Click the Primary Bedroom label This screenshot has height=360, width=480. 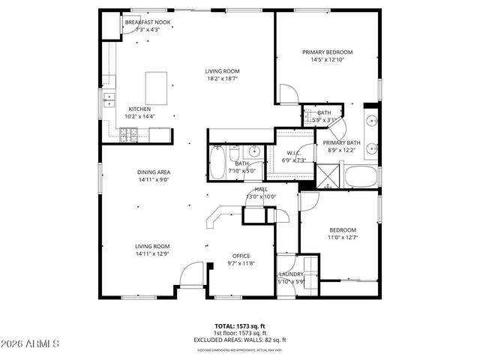click(327, 52)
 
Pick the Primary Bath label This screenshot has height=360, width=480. click(341, 142)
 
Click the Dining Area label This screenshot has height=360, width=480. click(153, 172)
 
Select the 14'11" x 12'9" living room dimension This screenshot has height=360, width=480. click(152, 254)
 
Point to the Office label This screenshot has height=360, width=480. click(241, 256)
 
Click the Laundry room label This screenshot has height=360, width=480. click(291, 274)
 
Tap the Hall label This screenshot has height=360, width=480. click(261, 190)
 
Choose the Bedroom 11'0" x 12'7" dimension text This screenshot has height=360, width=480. click(343, 238)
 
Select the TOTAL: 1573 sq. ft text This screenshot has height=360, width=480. click(241, 326)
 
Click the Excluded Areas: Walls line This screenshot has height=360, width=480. click(241, 339)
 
